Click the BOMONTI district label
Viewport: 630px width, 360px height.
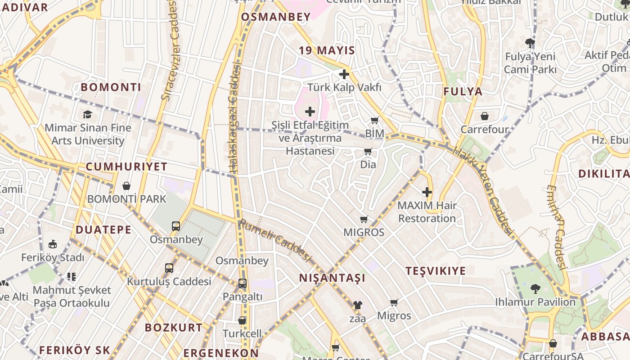pyautogui.click(x=111, y=87)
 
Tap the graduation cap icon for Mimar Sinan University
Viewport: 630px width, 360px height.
pyautogui.click(x=87, y=115)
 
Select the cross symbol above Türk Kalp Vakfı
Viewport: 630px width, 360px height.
pyautogui.click(x=344, y=74)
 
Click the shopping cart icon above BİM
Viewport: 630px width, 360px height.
pyautogui.click(x=374, y=120)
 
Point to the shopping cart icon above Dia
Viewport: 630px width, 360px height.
pyautogui.click(x=368, y=151)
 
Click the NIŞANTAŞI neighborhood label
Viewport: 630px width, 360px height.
pyautogui.click(x=332, y=278)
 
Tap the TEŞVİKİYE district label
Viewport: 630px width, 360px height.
pyautogui.click(x=436, y=271)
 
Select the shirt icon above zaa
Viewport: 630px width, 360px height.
pyautogui.click(x=357, y=305)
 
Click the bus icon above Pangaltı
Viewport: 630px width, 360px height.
pyautogui.click(x=242, y=283)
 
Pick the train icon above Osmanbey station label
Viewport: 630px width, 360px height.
pyautogui.click(x=176, y=226)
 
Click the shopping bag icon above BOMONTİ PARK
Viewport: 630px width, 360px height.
pyautogui.click(x=126, y=186)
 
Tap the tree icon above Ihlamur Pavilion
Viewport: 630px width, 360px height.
pyautogui.click(x=535, y=288)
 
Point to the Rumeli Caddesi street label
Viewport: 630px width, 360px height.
pyautogui.click(x=275, y=240)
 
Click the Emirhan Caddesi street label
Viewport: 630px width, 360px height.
pyautogui.click(x=556, y=227)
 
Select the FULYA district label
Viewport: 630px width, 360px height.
pyautogui.click(x=463, y=92)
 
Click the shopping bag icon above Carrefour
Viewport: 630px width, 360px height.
pyautogui.click(x=485, y=116)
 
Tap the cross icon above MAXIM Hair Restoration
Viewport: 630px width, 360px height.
pyautogui.click(x=427, y=192)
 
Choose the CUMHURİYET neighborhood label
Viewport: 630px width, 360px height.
pyautogui.click(x=126, y=167)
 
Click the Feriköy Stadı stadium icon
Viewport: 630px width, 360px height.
pyautogui.click(x=53, y=244)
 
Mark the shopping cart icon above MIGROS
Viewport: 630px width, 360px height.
pyautogui.click(x=364, y=219)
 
